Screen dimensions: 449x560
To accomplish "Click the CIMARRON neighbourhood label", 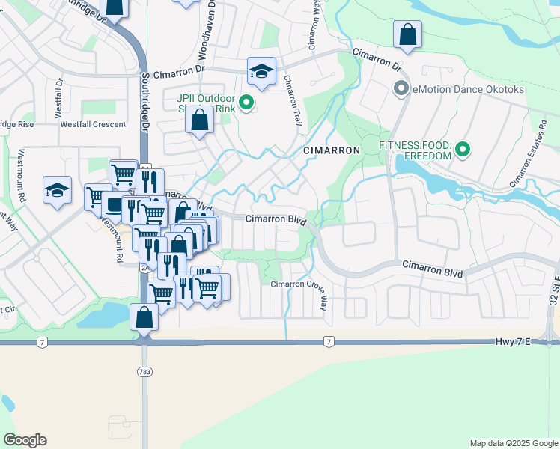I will click(x=332, y=150).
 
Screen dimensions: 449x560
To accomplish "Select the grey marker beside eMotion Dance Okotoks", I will click(x=401, y=90).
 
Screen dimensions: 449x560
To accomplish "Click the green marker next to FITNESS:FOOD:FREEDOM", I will click(x=463, y=150).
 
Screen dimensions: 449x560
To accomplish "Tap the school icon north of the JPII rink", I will click(x=261, y=72).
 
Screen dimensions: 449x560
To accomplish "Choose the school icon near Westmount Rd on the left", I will click(x=57, y=191).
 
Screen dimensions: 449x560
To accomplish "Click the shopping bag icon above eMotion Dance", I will click(x=407, y=34).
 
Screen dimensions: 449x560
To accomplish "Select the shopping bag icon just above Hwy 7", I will click(x=144, y=317).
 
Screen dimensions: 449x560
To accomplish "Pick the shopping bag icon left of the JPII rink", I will click(x=200, y=121).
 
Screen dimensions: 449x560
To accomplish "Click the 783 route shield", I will click(x=144, y=371).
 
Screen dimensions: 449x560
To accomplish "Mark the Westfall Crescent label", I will click(x=93, y=124).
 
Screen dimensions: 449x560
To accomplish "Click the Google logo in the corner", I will click(x=25, y=440).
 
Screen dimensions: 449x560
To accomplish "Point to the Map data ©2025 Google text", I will click(x=513, y=443).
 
